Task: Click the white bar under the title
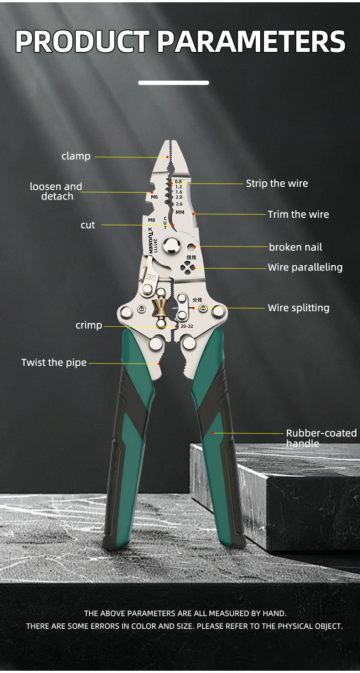174,83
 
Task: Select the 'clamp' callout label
76,156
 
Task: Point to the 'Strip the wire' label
277,184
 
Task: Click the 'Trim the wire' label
298,215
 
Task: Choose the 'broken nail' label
295,247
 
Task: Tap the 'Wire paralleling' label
305,267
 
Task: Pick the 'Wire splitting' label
298,308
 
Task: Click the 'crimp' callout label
89,325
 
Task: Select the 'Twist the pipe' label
54,363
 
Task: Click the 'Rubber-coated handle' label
321,438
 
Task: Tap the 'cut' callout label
88,225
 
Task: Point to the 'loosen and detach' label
56,191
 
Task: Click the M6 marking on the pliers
154,197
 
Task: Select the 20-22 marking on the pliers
186,327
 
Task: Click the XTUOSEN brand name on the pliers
150,240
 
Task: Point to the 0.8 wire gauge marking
178,181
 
